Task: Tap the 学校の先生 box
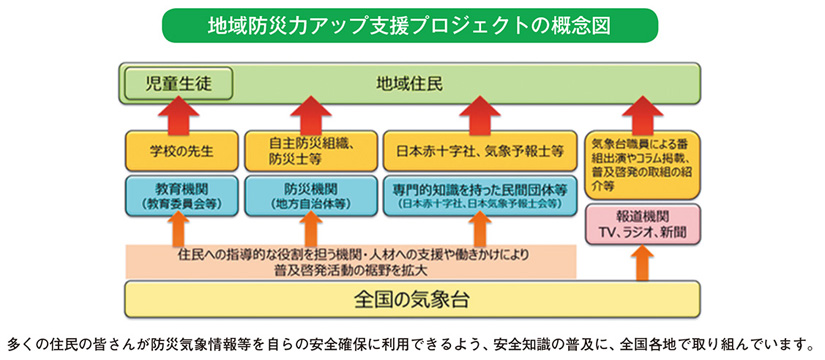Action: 180,150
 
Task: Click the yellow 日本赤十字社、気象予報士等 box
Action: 478,150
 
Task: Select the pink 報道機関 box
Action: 643,224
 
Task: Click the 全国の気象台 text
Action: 412,299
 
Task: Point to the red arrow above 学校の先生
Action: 181,111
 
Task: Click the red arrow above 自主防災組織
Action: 308,111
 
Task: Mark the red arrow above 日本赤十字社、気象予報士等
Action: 480,111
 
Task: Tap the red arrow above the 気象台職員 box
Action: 643,111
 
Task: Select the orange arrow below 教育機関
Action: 181,230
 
